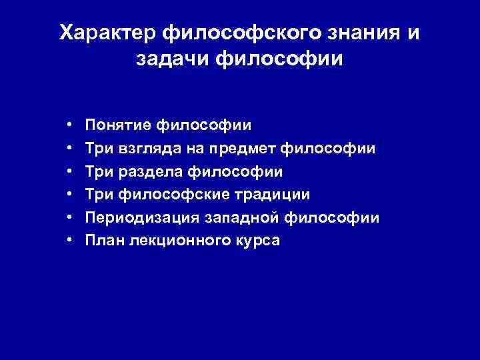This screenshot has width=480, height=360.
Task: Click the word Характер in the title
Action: pos(100,33)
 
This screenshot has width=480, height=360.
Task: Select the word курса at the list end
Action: pos(257,241)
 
